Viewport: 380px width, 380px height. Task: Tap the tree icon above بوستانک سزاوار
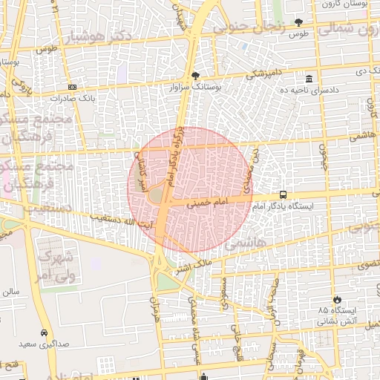pos(195,76)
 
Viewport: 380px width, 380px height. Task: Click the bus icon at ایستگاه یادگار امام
pos(283,194)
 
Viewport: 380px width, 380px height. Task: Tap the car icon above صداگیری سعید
pos(45,332)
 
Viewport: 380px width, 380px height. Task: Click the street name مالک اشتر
pos(192,263)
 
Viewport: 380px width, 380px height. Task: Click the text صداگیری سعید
pos(51,345)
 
